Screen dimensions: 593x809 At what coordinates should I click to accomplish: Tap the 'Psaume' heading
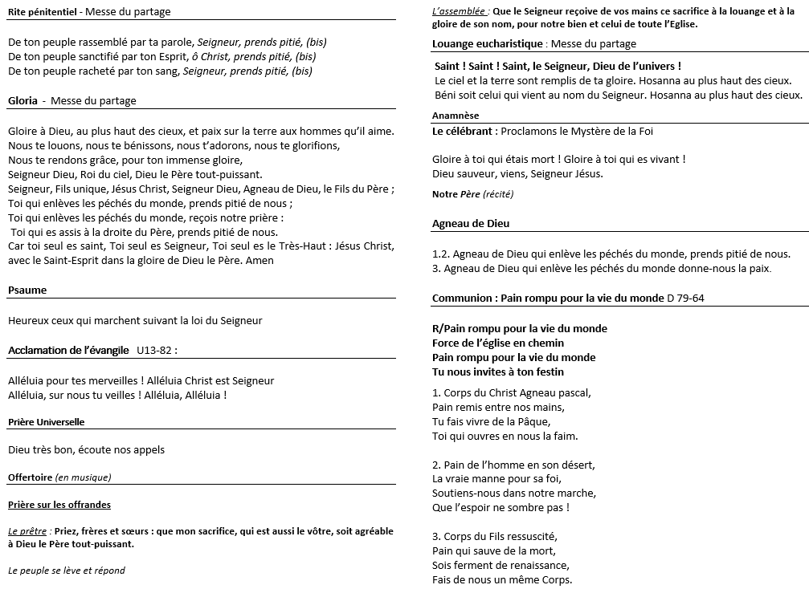(27, 290)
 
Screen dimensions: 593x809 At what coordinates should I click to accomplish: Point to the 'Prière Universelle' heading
(46, 422)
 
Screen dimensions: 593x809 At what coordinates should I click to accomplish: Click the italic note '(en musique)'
(83, 477)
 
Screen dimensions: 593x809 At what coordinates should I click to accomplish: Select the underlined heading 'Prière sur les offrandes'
(59, 505)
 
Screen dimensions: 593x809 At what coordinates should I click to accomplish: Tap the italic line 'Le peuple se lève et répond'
(67, 571)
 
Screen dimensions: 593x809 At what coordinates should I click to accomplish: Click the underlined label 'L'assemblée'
(458, 12)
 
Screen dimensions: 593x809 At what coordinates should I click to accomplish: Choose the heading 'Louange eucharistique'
(487, 44)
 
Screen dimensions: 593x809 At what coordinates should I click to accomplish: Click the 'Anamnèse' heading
(455, 116)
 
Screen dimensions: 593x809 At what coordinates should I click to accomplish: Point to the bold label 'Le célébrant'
(463, 131)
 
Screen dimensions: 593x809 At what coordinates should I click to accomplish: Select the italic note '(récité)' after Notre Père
(498, 194)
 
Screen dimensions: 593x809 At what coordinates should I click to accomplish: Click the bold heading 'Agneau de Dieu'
(471, 224)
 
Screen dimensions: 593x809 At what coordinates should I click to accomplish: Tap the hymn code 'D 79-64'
(685, 299)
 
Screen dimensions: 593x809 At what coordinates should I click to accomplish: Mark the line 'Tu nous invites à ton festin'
(498, 372)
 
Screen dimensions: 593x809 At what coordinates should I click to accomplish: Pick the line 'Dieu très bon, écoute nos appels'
(86, 449)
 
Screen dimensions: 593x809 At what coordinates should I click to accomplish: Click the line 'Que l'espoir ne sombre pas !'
(501, 507)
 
